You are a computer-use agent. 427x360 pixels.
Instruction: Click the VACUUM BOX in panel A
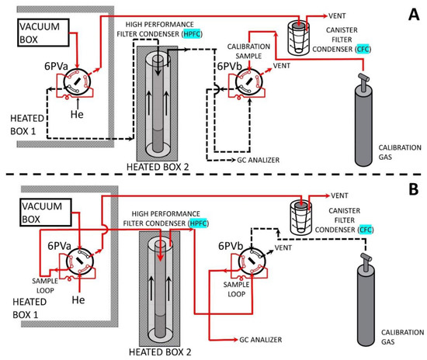tap(43, 33)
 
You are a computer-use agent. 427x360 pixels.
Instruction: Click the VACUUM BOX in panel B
tap(46, 213)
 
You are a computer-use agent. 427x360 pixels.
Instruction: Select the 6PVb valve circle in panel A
tap(249, 81)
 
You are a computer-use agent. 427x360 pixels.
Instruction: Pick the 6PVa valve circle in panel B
tap(80, 261)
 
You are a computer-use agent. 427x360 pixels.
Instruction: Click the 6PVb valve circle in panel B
tap(252, 261)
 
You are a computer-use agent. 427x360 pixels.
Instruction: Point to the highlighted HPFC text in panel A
tap(193, 34)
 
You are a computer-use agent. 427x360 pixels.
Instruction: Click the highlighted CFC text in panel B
tap(366, 230)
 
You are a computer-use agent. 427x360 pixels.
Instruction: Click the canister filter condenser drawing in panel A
tap(299, 38)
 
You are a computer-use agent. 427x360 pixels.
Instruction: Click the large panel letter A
tap(414, 15)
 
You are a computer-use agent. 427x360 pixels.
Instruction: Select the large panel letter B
tap(414, 189)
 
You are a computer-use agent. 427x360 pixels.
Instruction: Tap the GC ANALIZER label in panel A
tap(259, 160)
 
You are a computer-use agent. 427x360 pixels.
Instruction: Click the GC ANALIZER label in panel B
tap(261, 340)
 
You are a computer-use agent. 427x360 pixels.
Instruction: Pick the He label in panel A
tap(77, 114)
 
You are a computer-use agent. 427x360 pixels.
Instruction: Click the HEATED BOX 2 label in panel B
tap(160, 351)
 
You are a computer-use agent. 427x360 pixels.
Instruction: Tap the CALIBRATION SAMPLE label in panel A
tap(248, 51)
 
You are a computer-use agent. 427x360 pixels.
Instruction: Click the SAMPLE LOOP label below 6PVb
tap(236, 289)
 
